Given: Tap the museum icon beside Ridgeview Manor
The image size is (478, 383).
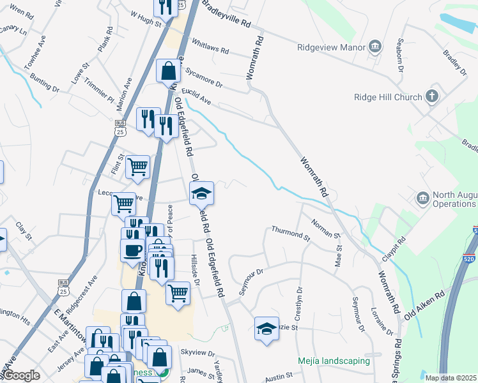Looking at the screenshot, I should tap(375, 47).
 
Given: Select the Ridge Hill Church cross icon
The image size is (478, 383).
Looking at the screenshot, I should tap(432, 97).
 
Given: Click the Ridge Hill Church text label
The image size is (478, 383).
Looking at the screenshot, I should tap(388, 98).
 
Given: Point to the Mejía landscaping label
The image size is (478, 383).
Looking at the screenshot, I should tap(334, 361).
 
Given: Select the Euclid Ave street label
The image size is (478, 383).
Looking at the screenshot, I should tap(196, 96).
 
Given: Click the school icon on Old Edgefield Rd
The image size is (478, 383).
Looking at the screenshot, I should tap(201, 193).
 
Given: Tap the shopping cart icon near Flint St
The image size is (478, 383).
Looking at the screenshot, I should tap(137, 167).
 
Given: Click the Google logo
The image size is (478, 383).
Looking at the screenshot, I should tap(21, 375).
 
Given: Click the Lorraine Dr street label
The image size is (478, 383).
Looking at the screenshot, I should tap(381, 322).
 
